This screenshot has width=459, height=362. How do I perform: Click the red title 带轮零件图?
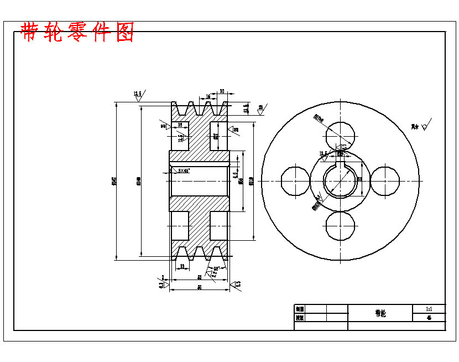click(x=77, y=33)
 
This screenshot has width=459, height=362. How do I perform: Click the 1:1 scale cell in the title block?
click(x=429, y=309)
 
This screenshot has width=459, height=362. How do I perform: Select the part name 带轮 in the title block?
click(x=380, y=313)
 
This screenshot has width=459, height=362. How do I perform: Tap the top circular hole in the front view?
click(x=340, y=136)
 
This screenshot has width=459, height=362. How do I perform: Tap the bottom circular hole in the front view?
click(x=340, y=226)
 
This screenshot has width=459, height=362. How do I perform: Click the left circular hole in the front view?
click(x=295, y=181)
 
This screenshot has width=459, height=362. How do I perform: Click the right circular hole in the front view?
click(x=385, y=181)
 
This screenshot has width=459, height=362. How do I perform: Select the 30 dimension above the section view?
click(x=222, y=91)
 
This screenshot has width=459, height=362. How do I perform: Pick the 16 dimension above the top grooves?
click(x=208, y=96)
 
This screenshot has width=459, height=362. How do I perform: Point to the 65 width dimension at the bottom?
click(x=199, y=287)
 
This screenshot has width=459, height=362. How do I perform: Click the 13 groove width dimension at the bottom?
click(x=182, y=267)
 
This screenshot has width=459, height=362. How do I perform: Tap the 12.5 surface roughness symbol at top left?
click(x=138, y=95)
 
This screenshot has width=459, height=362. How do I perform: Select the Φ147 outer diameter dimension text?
click(x=114, y=180)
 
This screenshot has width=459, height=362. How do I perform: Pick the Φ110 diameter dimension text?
click(x=252, y=180)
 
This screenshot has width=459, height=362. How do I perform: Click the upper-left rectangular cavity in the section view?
click(x=180, y=136)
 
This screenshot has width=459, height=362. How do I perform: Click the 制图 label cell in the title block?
click(x=300, y=309)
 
